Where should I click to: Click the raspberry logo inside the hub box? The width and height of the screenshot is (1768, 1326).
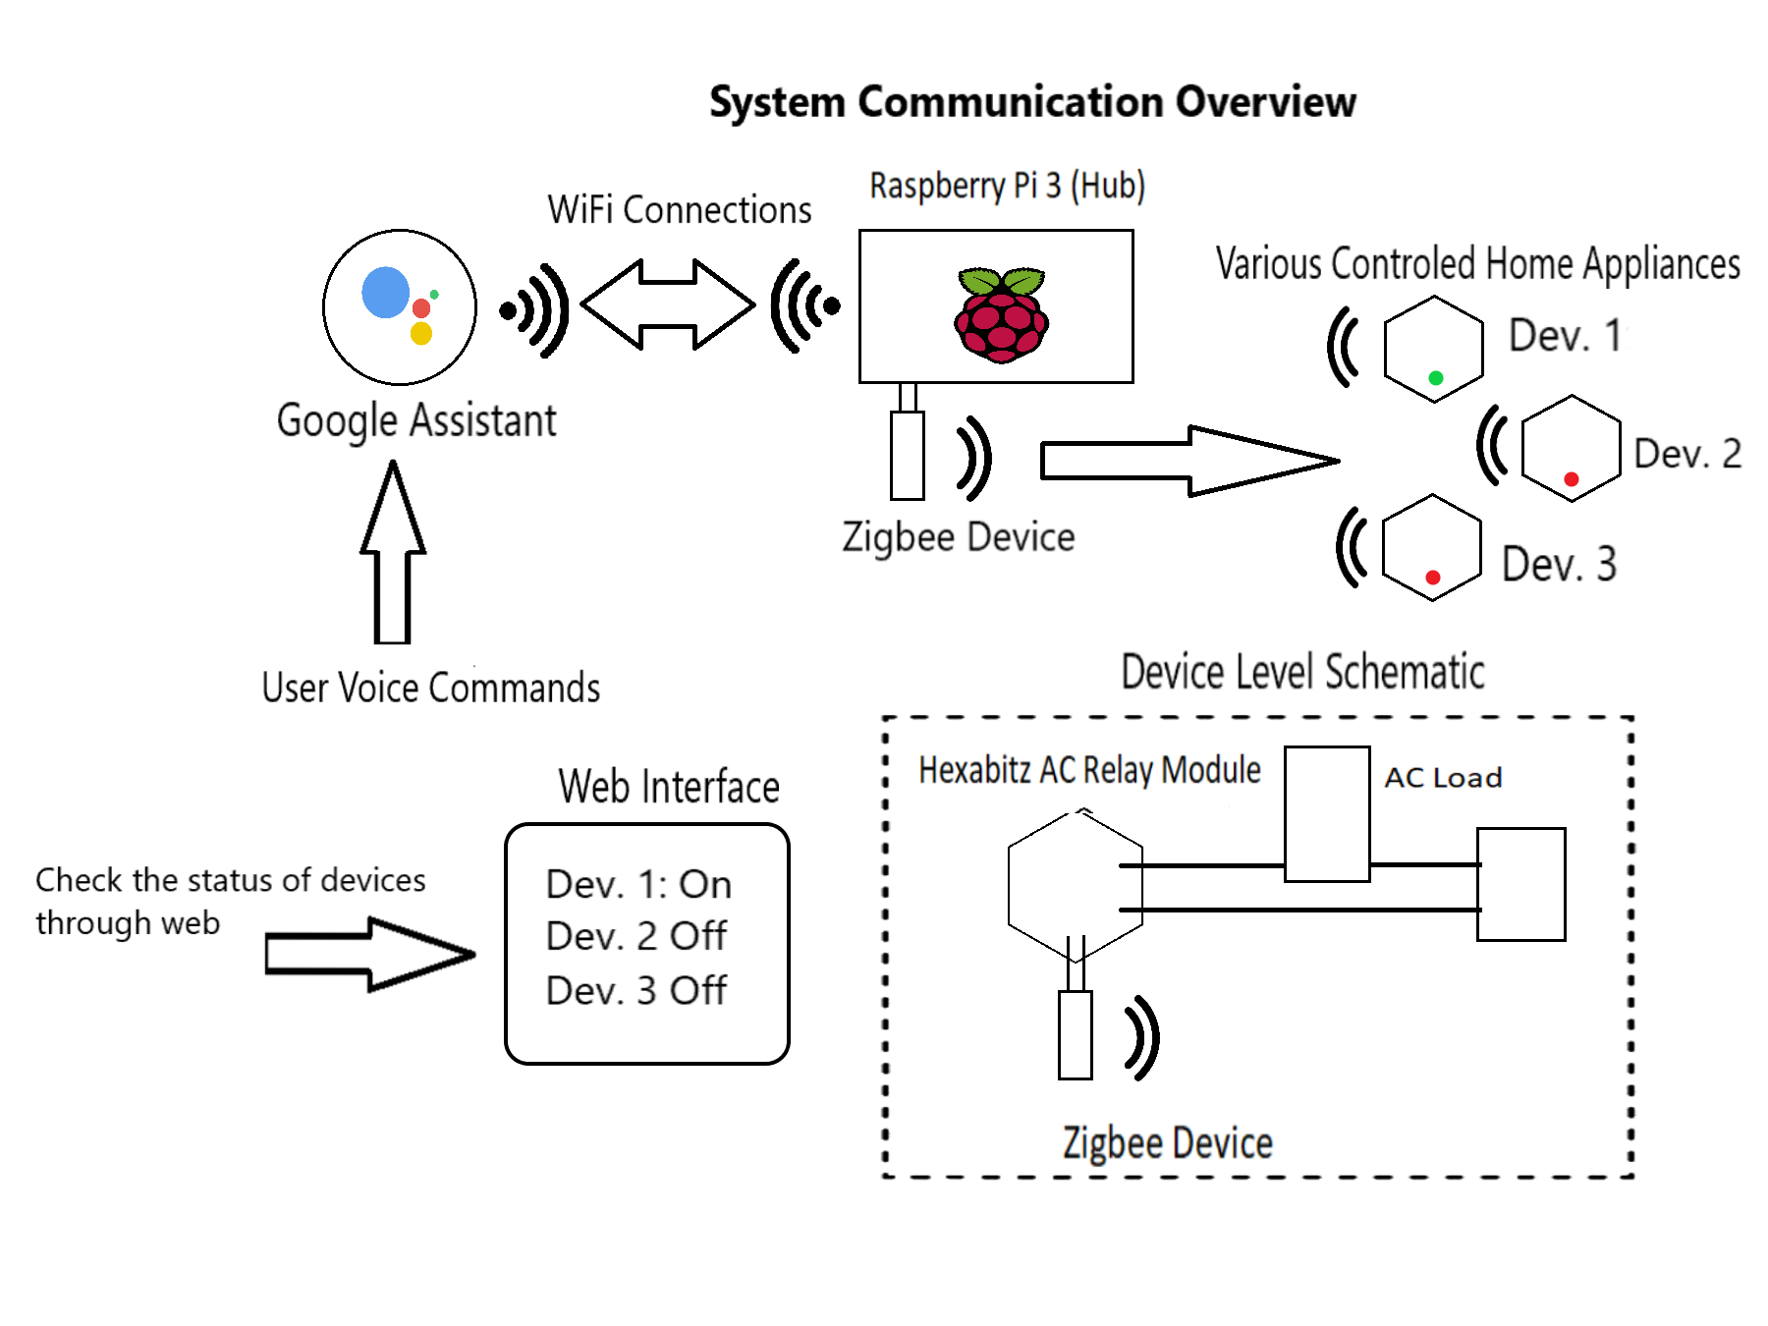1001,315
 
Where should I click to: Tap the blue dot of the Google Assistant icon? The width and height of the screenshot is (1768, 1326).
385,292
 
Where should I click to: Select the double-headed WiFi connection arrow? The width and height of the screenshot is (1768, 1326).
668,304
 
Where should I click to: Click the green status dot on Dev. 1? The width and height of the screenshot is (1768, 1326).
1436,378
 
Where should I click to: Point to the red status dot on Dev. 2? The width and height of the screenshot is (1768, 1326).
1572,479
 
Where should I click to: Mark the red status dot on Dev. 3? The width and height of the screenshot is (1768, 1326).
1433,578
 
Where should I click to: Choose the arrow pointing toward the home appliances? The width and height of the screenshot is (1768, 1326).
1188,460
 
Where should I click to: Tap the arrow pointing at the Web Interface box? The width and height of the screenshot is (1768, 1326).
369,954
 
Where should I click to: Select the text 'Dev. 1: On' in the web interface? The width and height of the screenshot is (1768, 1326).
638,885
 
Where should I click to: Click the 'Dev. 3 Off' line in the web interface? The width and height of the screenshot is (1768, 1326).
636,991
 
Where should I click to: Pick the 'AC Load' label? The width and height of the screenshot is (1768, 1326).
1443,778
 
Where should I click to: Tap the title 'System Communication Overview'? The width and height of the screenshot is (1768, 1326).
1032,102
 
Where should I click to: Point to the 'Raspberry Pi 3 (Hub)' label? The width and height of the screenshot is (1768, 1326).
1008,186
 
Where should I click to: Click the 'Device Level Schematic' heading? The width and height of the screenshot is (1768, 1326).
1302,673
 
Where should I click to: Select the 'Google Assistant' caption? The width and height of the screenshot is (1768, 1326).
416,421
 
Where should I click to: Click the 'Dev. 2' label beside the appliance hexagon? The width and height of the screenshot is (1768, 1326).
1687,454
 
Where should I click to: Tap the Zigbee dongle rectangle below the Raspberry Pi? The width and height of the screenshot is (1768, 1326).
908,456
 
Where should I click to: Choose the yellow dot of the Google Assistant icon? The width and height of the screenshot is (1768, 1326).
421,334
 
